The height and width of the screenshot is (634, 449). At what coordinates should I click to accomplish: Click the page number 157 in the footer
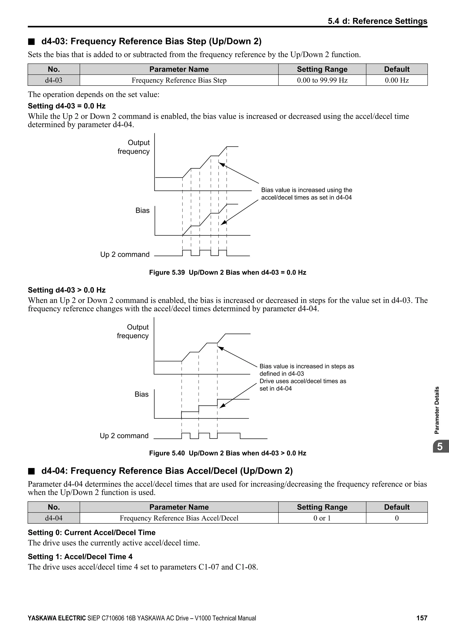[x=422, y=618]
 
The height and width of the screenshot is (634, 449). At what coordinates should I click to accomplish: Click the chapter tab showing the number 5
[x=440, y=447]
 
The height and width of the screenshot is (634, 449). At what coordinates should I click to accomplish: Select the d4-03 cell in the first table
[x=54, y=80]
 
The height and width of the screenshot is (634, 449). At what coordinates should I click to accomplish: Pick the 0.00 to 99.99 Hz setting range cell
[x=322, y=80]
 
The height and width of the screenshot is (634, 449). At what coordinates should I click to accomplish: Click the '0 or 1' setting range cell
[x=322, y=518]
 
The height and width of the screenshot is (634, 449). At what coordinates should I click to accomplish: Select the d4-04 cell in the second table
[x=54, y=518]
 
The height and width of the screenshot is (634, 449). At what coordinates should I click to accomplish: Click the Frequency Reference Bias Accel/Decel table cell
[x=179, y=518]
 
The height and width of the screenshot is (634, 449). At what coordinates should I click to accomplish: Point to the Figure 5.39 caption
[x=228, y=273]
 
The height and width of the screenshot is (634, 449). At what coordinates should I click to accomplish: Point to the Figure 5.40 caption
[x=228, y=453]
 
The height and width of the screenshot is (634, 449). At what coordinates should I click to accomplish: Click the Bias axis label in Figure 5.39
[x=142, y=210]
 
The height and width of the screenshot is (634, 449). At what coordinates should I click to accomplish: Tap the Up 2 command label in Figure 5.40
[x=124, y=436]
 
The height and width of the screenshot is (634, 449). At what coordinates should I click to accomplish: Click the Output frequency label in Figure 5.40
[x=133, y=331]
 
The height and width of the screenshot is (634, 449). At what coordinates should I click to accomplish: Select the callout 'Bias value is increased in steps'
[x=307, y=370]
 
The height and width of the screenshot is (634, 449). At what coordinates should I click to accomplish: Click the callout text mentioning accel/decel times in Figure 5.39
[x=307, y=194]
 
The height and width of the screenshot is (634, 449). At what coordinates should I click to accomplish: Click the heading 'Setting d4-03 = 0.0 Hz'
[x=67, y=106]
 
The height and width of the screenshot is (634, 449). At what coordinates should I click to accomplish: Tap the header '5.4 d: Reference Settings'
[x=377, y=21]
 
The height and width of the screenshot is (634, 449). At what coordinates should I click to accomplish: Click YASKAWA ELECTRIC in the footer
[x=57, y=618]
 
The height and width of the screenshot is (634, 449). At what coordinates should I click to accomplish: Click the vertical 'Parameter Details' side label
[x=437, y=410]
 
